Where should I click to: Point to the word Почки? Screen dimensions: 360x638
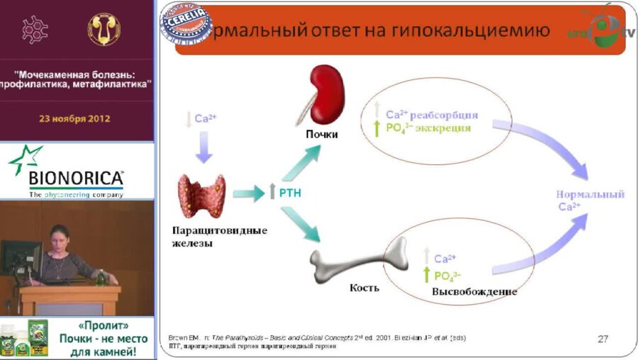click(x=322, y=134)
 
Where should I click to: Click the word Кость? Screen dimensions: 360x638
click(x=365, y=288)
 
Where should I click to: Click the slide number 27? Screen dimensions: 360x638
click(x=603, y=339)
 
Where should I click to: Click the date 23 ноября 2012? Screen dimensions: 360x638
click(x=77, y=118)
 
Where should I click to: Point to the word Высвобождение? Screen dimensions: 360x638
click(x=474, y=291)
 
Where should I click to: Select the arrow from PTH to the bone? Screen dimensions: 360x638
click(x=301, y=226)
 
